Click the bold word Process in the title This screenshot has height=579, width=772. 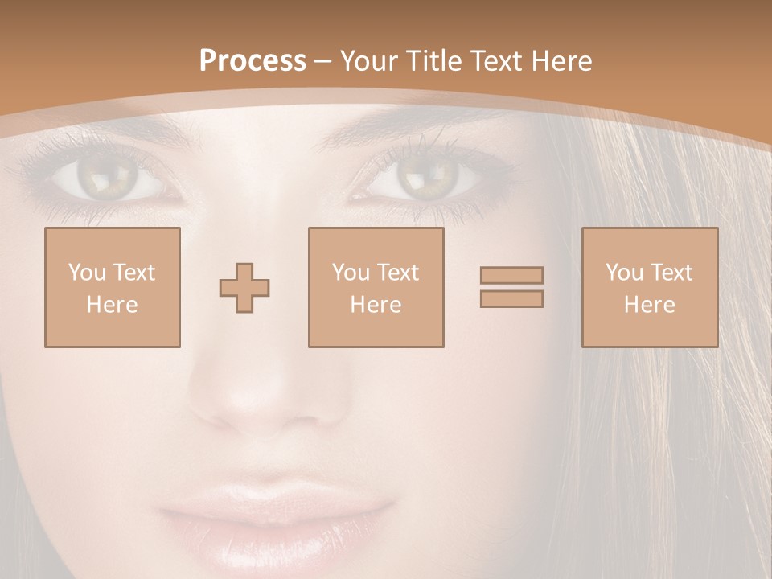coord(253,61)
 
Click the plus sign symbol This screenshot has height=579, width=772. coord(244,288)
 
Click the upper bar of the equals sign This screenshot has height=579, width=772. coord(511,275)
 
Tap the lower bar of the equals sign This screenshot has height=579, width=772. coord(511,298)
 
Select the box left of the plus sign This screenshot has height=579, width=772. coord(113,287)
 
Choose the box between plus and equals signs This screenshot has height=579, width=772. coord(376,287)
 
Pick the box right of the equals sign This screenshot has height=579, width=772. coord(649,287)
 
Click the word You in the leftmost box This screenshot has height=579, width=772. coord(87,273)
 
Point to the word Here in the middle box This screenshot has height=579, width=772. coord(376,305)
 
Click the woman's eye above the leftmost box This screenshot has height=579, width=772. coord(105,177)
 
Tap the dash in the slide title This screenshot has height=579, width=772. coord(322,61)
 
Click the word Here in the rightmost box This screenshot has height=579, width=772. coord(649,305)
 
